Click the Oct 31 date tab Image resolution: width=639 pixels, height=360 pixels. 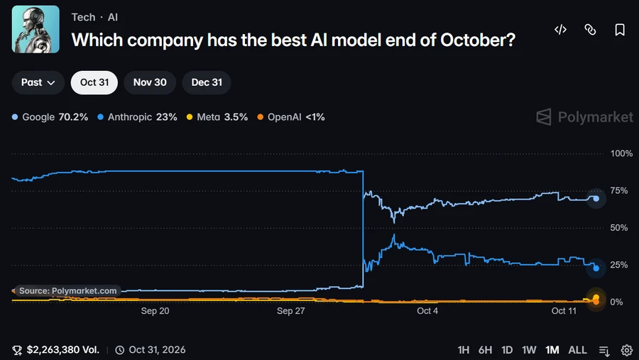94,82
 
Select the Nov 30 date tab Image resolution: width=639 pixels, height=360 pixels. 150,82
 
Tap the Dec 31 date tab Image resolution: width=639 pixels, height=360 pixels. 207,82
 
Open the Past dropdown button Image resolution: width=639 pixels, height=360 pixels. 38,82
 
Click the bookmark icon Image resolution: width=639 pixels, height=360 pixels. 620,29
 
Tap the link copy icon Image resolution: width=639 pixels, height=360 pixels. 590,29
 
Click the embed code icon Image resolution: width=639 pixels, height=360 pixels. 560,29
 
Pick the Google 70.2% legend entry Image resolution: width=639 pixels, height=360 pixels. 50,117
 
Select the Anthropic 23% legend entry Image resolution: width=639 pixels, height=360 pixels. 137,117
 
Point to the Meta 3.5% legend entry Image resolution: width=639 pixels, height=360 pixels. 217,117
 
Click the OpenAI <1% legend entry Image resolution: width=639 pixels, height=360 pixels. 291,117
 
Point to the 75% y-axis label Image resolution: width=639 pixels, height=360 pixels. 618,190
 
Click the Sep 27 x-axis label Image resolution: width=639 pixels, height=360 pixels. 290,311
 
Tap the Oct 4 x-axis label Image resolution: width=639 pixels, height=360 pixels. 427,311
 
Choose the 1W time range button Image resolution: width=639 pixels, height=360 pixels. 529,350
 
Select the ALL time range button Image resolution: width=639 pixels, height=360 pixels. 577,350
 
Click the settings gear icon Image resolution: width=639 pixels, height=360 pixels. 627,350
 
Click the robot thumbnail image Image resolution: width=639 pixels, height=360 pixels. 35,29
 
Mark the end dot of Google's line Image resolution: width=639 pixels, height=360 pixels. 596,199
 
